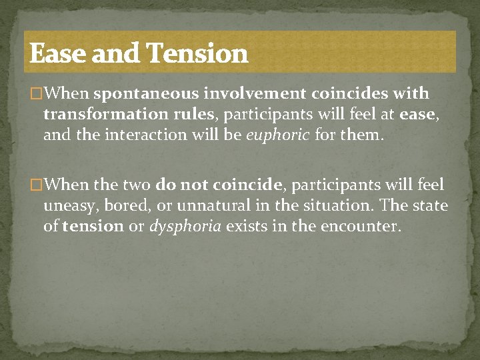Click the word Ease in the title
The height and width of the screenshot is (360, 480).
coord(58,53)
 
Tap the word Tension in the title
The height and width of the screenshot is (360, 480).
coord(197,53)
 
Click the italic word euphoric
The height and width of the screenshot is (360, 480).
coord(277,135)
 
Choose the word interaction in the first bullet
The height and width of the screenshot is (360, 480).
coord(157,135)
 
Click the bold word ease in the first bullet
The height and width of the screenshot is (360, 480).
coord(417,114)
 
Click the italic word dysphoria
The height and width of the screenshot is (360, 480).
coord(185,227)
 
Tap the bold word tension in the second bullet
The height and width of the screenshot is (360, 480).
coord(93,227)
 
